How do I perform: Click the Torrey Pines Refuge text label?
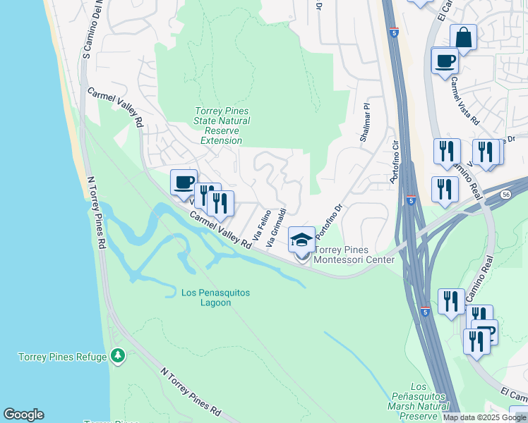click(x=61, y=357)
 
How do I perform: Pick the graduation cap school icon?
click(x=302, y=240)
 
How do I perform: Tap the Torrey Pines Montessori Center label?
click(x=354, y=255)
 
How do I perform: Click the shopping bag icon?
click(x=463, y=37)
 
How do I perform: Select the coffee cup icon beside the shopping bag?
click(x=444, y=61)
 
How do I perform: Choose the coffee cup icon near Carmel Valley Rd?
click(x=184, y=182)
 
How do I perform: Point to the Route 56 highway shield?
click(x=505, y=194)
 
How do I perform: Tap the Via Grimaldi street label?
click(x=275, y=227)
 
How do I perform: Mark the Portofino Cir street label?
click(x=395, y=162)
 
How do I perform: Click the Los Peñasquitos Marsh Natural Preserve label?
click(x=419, y=401)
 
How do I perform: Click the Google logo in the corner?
click(x=23, y=415)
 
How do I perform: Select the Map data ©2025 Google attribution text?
click(x=484, y=417)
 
